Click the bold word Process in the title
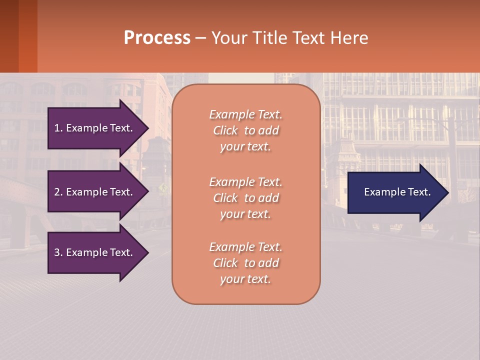pyautogui.click(x=157, y=38)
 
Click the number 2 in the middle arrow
pyautogui.click(x=57, y=192)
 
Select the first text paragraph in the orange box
pyautogui.click(x=245, y=130)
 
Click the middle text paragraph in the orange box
pyautogui.click(x=245, y=198)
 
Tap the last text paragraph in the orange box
pyautogui.click(x=245, y=263)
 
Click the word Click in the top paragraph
pyautogui.click(x=225, y=130)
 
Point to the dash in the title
pyautogui.click(x=200, y=38)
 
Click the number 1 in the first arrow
pyautogui.click(x=57, y=128)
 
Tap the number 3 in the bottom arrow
pyautogui.click(x=57, y=252)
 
